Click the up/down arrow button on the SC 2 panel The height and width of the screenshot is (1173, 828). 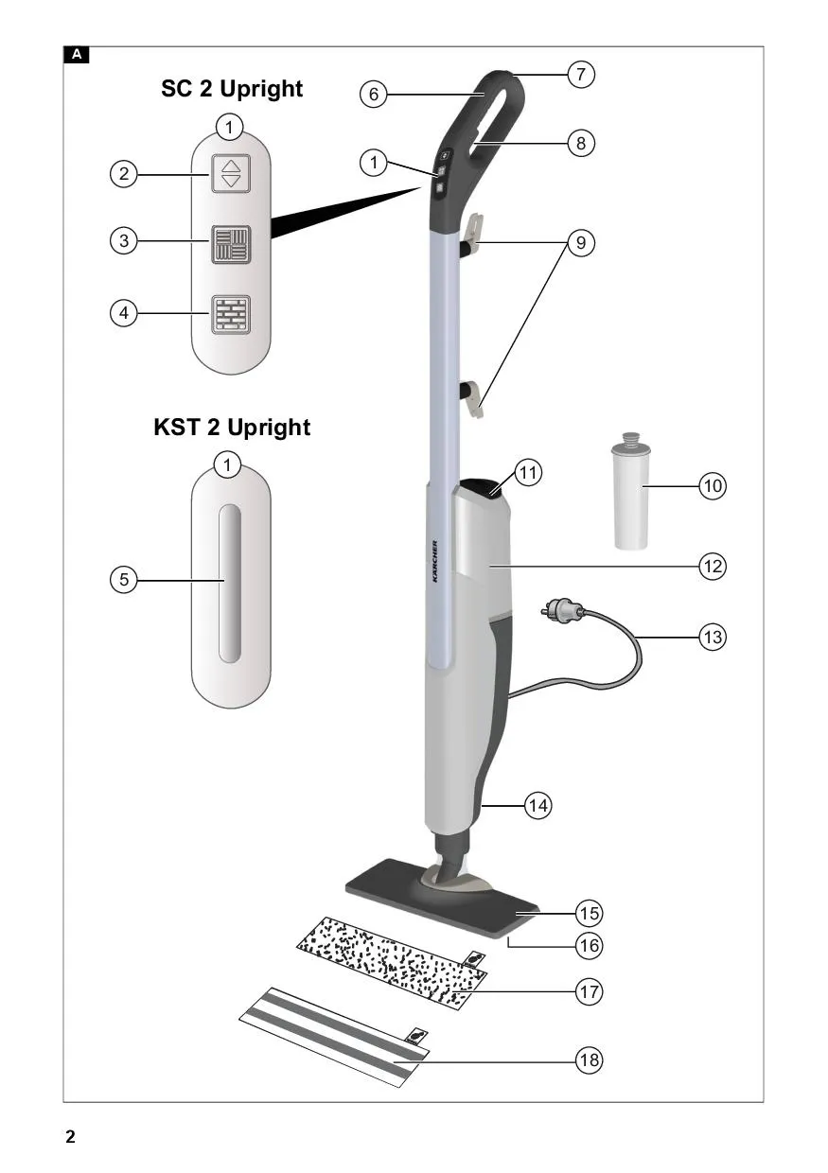pyautogui.click(x=231, y=173)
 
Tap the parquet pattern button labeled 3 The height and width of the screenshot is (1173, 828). pyautogui.click(x=231, y=245)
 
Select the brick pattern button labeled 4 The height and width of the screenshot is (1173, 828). pyautogui.click(x=231, y=314)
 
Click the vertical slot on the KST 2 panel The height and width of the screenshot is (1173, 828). pyautogui.click(x=230, y=584)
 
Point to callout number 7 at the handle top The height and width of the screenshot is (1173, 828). pyautogui.click(x=581, y=75)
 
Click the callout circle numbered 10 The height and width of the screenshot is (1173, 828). pyautogui.click(x=713, y=486)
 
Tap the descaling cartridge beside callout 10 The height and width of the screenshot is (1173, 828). pyautogui.click(x=631, y=491)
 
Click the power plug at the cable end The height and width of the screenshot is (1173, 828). pyautogui.click(x=561, y=609)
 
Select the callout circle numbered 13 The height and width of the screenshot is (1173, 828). pyautogui.click(x=713, y=638)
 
